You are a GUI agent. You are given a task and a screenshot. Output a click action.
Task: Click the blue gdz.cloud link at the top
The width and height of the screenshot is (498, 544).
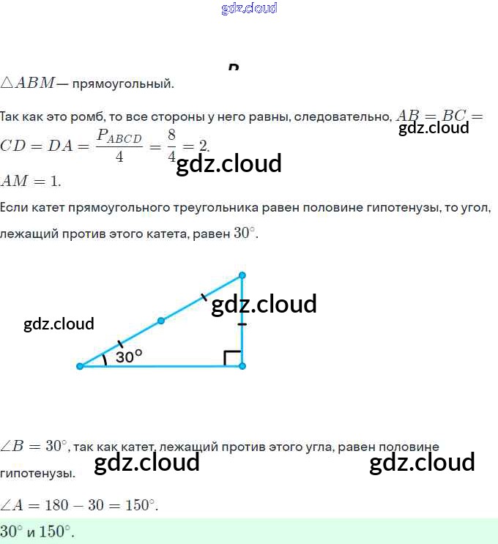248,9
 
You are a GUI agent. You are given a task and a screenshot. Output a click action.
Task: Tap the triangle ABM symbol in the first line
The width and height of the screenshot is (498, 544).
27,83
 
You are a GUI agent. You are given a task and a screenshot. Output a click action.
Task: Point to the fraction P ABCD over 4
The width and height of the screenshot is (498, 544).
119,146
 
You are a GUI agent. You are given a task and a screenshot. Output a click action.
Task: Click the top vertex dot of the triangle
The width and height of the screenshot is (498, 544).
242,275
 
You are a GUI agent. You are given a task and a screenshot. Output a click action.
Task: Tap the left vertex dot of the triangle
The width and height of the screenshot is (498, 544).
80,366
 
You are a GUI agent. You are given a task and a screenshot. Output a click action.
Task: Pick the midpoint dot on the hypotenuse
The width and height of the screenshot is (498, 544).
161,321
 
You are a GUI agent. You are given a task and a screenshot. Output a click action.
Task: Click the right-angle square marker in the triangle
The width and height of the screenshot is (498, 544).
232,357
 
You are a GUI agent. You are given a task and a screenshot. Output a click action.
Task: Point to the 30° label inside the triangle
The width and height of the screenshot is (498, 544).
128,357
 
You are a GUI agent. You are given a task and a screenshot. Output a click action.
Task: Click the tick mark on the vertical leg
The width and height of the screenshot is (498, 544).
242,324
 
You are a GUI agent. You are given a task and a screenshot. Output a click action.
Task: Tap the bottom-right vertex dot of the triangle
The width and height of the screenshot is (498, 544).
242,366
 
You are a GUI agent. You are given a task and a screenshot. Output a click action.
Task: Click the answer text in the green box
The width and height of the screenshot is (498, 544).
37,532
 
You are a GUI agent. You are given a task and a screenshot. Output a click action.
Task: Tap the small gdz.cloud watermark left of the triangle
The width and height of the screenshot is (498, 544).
59,324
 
